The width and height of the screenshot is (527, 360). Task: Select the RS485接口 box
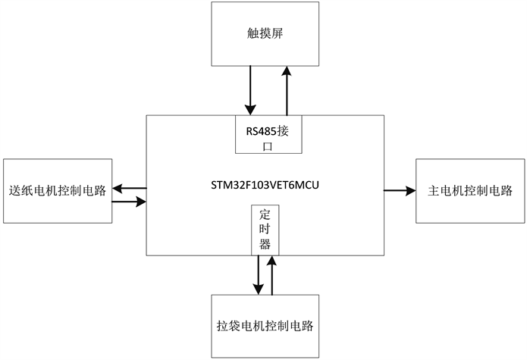tap(268, 135)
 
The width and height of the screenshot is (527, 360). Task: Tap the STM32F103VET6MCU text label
tap(265, 185)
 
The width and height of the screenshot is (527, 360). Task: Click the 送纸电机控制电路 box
tap(58, 190)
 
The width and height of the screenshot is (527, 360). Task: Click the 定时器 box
tap(265, 230)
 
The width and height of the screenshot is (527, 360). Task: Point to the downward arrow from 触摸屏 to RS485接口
tap(249, 90)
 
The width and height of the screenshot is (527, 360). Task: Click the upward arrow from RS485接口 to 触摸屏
tap(287, 90)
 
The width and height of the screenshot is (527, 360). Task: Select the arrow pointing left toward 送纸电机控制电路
tap(129, 187)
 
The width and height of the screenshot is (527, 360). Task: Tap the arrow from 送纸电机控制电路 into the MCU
tap(129, 202)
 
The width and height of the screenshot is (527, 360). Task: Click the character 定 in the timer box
tap(265, 214)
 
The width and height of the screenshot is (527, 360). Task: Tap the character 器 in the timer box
tap(265, 244)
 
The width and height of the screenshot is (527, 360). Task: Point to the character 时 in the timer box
tap(265, 229)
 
